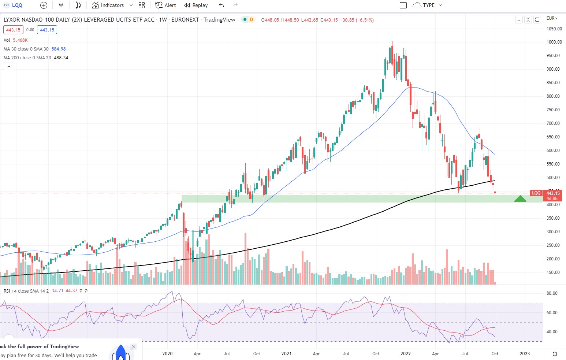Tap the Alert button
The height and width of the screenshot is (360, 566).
[x=165, y=5]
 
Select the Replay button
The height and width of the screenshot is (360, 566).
[x=196, y=5]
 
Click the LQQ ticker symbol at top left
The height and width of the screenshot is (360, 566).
[x=17, y=5]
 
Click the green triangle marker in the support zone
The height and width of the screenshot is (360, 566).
[x=520, y=199]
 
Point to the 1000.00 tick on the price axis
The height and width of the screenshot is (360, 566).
[x=554, y=42]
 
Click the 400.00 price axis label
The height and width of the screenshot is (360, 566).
[x=553, y=205]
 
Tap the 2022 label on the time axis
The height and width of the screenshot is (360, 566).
[x=406, y=354]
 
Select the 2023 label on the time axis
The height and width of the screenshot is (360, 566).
[x=525, y=354]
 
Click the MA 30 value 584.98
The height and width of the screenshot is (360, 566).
[x=59, y=49]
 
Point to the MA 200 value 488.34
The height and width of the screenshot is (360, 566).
[x=61, y=58]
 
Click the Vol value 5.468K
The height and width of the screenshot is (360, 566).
[x=21, y=40]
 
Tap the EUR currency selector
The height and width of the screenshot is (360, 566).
[x=552, y=18]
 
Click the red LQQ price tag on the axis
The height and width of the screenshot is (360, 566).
[x=536, y=193]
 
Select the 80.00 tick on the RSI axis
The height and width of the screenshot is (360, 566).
[x=552, y=293]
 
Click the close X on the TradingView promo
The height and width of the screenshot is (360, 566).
[x=134, y=347]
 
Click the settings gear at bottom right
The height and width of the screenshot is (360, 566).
[x=555, y=354]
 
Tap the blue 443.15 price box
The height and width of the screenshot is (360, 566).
[x=47, y=30]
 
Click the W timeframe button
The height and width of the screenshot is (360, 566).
[x=61, y=5]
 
